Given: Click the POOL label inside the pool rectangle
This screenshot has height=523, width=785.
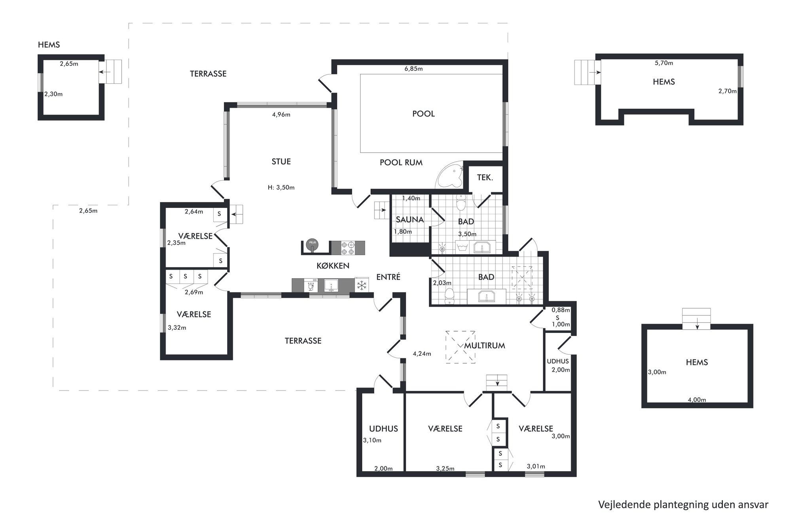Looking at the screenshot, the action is click(423, 114).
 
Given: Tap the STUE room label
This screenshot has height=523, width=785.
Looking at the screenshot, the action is click(281, 162).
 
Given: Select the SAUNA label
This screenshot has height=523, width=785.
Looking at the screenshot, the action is click(410, 220).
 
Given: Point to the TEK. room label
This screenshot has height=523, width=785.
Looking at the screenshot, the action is click(485, 178).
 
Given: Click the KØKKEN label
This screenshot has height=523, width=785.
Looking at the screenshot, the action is click(333, 266).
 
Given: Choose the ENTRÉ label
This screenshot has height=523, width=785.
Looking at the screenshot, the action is click(388, 277).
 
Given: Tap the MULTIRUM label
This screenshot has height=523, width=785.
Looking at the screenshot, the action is click(485, 346).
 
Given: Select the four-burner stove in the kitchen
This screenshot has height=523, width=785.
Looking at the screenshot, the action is click(348, 248).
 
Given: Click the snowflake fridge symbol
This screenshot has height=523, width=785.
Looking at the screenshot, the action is click(362, 285).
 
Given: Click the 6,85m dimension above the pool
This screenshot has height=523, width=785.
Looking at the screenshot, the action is click(413, 69).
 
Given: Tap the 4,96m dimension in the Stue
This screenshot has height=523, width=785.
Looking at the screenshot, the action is click(281, 115).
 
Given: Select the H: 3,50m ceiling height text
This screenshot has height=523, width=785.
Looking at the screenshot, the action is click(281, 187).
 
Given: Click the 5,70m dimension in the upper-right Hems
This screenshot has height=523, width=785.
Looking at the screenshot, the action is click(664, 63).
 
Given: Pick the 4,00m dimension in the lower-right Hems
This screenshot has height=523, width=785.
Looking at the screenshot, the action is click(697, 400).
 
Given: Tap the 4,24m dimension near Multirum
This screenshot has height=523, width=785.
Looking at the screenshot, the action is click(422, 354).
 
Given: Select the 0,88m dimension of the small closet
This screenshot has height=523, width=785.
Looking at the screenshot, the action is click(561, 310).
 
